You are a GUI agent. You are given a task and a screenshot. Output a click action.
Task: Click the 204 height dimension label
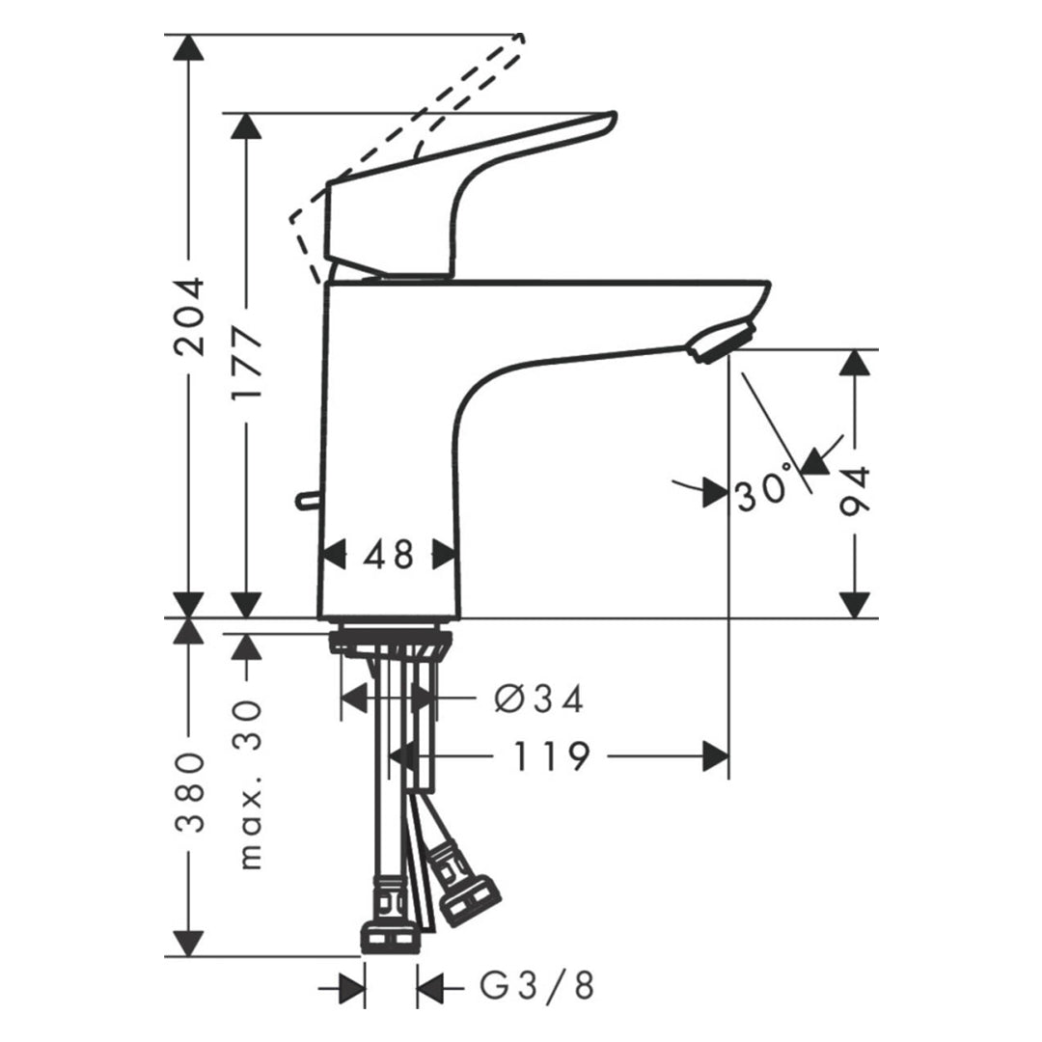(189, 316)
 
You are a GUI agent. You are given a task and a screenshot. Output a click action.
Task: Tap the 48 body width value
(389, 554)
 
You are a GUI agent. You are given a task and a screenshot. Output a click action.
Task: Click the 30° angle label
(764, 490)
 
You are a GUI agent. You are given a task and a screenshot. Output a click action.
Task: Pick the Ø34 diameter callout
(539, 699)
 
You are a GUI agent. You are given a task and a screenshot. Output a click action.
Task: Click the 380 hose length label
(189, 792)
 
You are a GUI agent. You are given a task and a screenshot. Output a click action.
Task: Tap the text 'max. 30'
(248, 784)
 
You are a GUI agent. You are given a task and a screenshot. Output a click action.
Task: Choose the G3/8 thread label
(537, 985)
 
